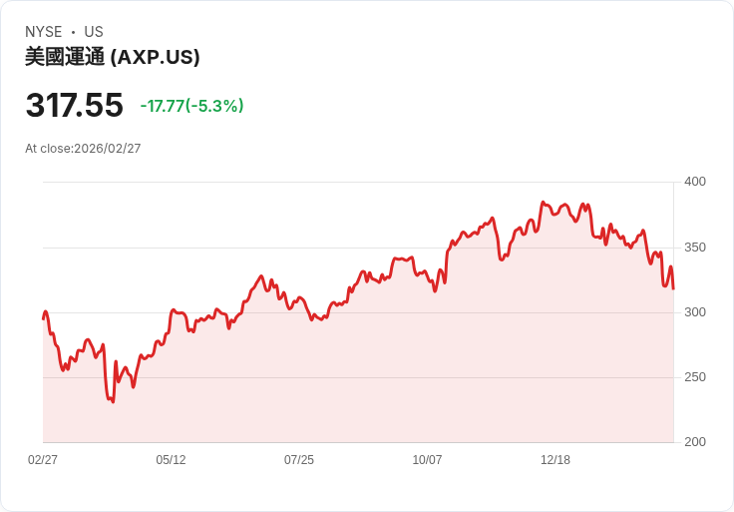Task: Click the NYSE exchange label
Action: pyautogui.click(x=43, y=32)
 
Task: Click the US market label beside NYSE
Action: pyautogui.click(x=94, y=32)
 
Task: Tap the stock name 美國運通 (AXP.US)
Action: pyautogui.click(x=113, y=57)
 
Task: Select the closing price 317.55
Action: pyautogui.click(x=75, y=105)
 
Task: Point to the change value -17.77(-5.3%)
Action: pyautogui.click(x=191, y=106)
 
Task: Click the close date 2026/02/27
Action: pyautogui.click(x=108, y=149)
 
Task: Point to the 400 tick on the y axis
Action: pyautogui.click(x=695, y=182)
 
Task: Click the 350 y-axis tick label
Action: pyautogui.click(x=695, y=248)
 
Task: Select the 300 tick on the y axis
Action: pyautogui.click(x=695, y=312)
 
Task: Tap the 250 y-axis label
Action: pyautogui.click(x=695, y=377)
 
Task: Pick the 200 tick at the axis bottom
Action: pyautogui.click(x=695, y=442)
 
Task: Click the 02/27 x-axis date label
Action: pyautogui.click(x=43, y=460)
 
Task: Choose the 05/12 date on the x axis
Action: pyautogui.click(x=171, y=460)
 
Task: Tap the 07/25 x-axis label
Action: pyautogui.click(x=299, y=460)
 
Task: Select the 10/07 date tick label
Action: pyautogui.click(x=427, y=460)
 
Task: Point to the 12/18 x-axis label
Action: pyautogui.click(x=555, y=460)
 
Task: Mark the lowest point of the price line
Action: pyautogui.click(x=113, y=402)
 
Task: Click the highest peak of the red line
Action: pyautogui.click(x=543, y=203)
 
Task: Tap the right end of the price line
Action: pyautogui.click(x=673, y=289)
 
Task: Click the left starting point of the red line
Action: pyautogui.click(x=43, y=318)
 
